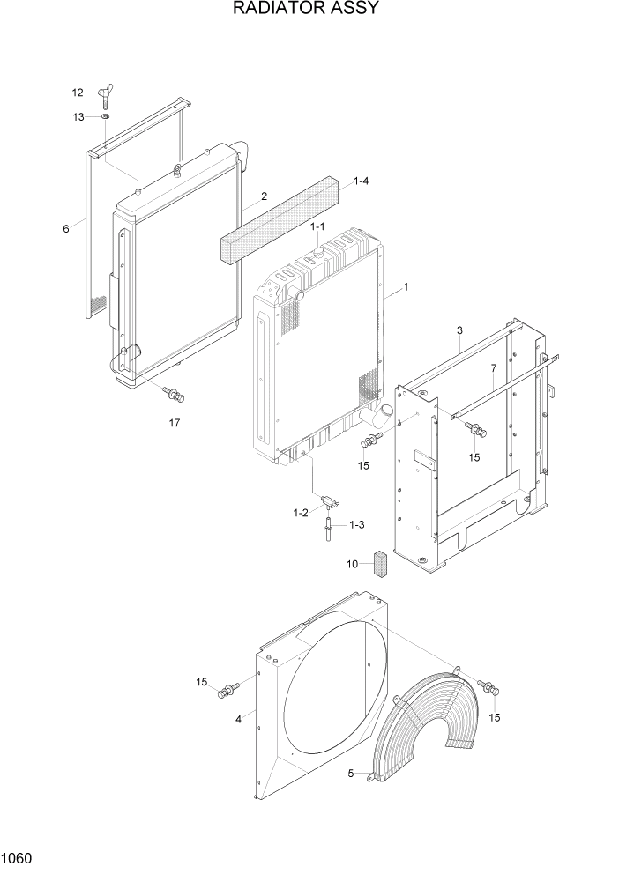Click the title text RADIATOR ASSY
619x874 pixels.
(x=306, y=10)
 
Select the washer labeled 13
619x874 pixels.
(x=104, y=116)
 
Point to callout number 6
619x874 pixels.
(x=65, y=229)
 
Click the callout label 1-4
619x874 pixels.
(x=361, y=181)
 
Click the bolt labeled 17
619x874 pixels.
(x=175, y=395)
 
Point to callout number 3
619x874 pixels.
(x=459, y=330)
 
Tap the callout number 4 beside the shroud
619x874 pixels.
(x=238, y=719)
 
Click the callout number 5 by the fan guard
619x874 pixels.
(x=350, y=774)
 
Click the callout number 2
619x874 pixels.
(x=263, y=196)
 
